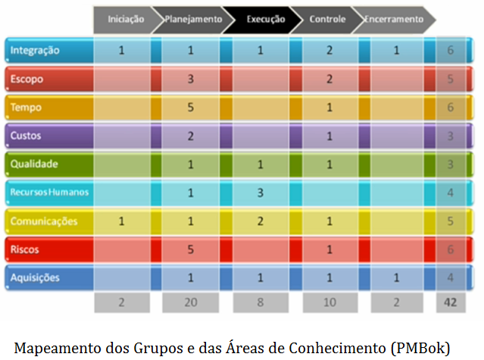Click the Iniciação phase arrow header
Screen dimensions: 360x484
(126, 19)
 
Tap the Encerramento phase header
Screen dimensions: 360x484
(394, 19)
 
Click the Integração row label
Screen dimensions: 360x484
(34, 50)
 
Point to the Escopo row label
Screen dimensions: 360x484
(27, 79)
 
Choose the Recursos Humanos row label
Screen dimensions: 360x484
(49, 192)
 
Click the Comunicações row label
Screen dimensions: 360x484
(44, 221)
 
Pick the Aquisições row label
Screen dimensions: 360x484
(36, 277)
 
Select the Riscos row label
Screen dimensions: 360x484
(25, 249)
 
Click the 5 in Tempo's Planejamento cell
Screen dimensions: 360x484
(192, 108)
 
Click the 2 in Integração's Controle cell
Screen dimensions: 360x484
(330, 51)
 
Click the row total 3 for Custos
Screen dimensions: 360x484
(451, 136)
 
